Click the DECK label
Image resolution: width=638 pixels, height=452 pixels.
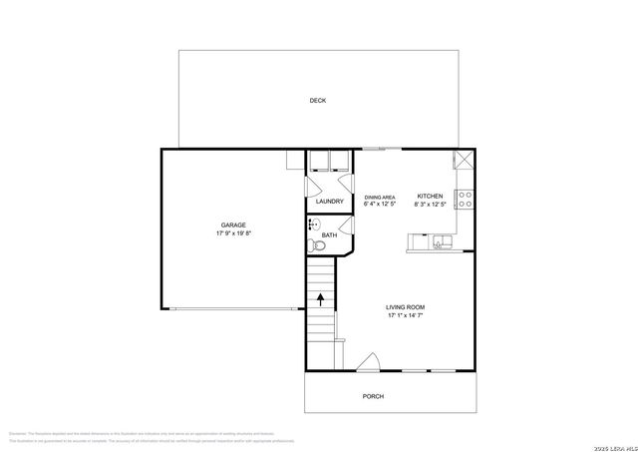(317, 101)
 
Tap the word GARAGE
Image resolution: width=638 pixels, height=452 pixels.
(233, 226)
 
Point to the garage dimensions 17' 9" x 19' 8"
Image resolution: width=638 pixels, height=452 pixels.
(233, 234)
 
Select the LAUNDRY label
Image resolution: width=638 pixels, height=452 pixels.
(329, 202)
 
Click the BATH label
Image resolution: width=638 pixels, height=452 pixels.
(328, 236)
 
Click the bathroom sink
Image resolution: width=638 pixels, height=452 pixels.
(312, 226)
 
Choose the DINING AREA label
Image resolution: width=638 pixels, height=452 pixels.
(380, 198)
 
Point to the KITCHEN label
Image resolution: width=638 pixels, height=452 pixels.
(430, 197)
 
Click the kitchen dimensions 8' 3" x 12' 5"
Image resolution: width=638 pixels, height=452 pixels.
(430, 206)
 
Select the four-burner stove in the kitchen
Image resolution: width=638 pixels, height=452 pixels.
(464, 197)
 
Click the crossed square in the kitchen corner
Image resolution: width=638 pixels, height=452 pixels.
(464, 162)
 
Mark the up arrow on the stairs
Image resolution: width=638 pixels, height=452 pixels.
(321, 296)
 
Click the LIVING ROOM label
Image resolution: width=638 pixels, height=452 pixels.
(406, 307)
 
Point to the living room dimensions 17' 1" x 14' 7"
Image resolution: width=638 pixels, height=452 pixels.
(406, 316)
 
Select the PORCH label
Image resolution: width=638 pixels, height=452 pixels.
(373, 396)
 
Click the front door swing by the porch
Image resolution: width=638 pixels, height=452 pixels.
(370, 363)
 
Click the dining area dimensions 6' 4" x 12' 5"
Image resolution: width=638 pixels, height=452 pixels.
(380, 206)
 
